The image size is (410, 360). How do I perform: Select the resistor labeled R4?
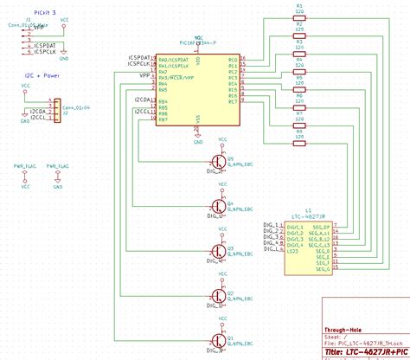pos(299,64)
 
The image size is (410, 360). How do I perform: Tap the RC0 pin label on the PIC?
pos(232,60)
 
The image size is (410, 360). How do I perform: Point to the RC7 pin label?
pos(232,102)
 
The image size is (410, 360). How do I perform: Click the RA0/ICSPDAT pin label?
pos(174,60)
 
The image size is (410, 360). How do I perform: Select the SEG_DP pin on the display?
pos(321,228)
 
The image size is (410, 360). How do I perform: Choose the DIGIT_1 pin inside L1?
pos(295,228)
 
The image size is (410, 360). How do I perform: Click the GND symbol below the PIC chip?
pos(198,137)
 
